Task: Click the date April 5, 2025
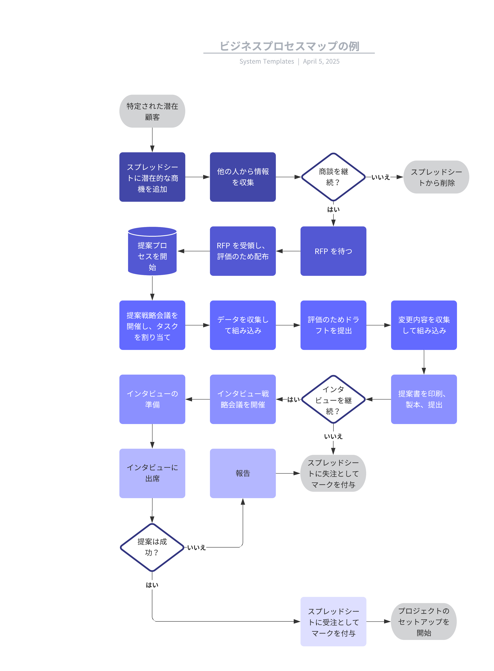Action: pos(321,61)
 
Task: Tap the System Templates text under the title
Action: pos(266,61)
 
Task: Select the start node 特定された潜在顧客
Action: pos(152,111)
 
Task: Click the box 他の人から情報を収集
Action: pos(243,177)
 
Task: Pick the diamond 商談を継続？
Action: pos(333,177)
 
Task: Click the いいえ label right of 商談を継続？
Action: pos(381,177)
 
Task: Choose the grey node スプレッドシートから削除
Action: pos(436,177)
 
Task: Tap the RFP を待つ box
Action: pos(333,251)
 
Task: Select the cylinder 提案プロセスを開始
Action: pos(152,251)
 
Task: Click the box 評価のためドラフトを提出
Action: pos(333,325)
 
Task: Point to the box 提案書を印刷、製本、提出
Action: pos(424,399)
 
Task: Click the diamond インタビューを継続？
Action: pos(333,399)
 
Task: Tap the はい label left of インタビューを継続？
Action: pos(293,400)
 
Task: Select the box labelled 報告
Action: pos(243,473)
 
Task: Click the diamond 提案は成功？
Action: pos(152,547)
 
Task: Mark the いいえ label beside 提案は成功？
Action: pos(196,548)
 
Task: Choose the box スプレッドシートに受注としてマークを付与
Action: pos(333,622)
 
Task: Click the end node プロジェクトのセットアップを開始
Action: pos(424,622)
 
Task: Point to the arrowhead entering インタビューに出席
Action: pos(152,445)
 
